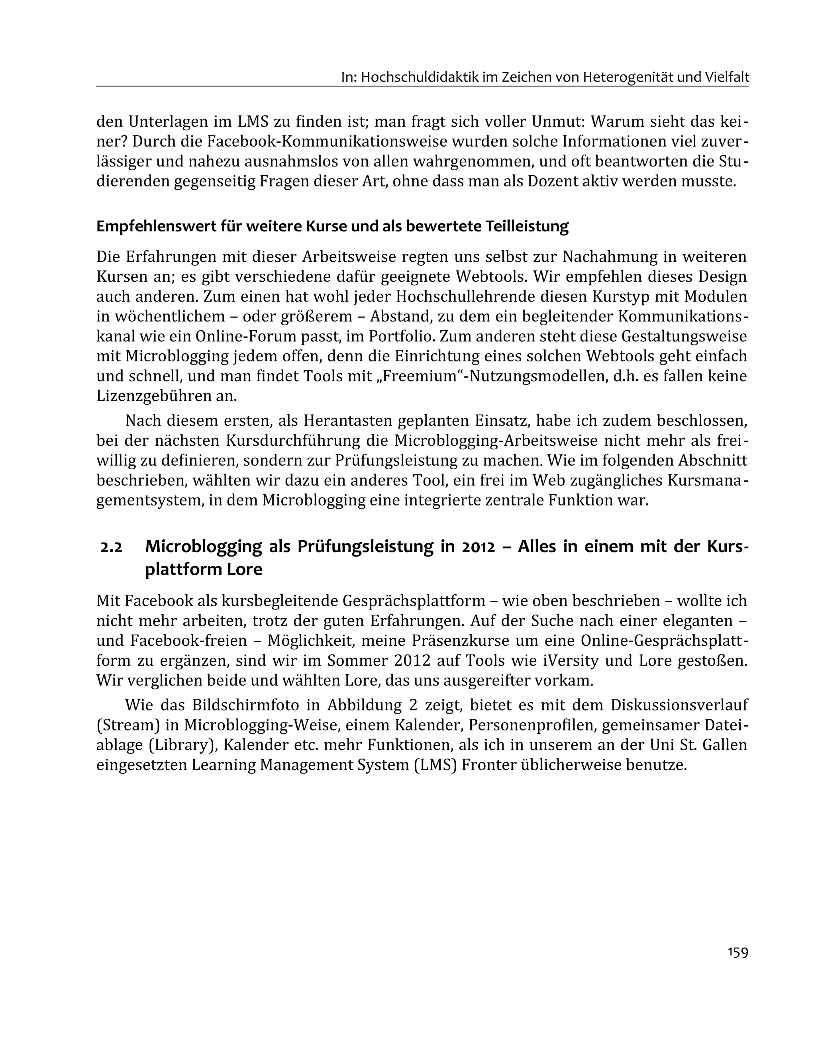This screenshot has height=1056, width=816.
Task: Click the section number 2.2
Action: [111, 547]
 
